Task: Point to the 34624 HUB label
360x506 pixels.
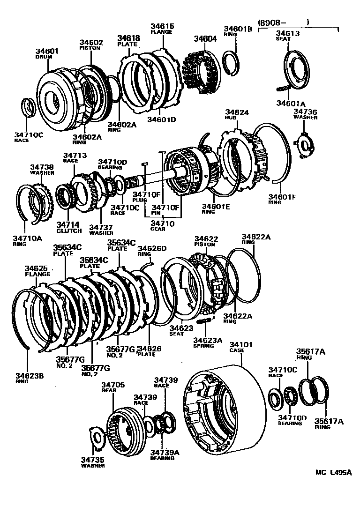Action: [237, 115]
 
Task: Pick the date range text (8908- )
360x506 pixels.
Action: [283, 22]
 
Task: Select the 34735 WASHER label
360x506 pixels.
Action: [94, 463]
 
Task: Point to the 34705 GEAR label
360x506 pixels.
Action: [113, 387]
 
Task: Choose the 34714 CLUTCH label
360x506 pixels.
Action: [69, 228]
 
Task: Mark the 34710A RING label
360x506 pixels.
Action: [28, 240]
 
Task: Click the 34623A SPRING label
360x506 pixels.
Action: [204, 342]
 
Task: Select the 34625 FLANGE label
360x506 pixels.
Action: [37, 271]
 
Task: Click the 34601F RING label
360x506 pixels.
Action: [282, 200]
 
